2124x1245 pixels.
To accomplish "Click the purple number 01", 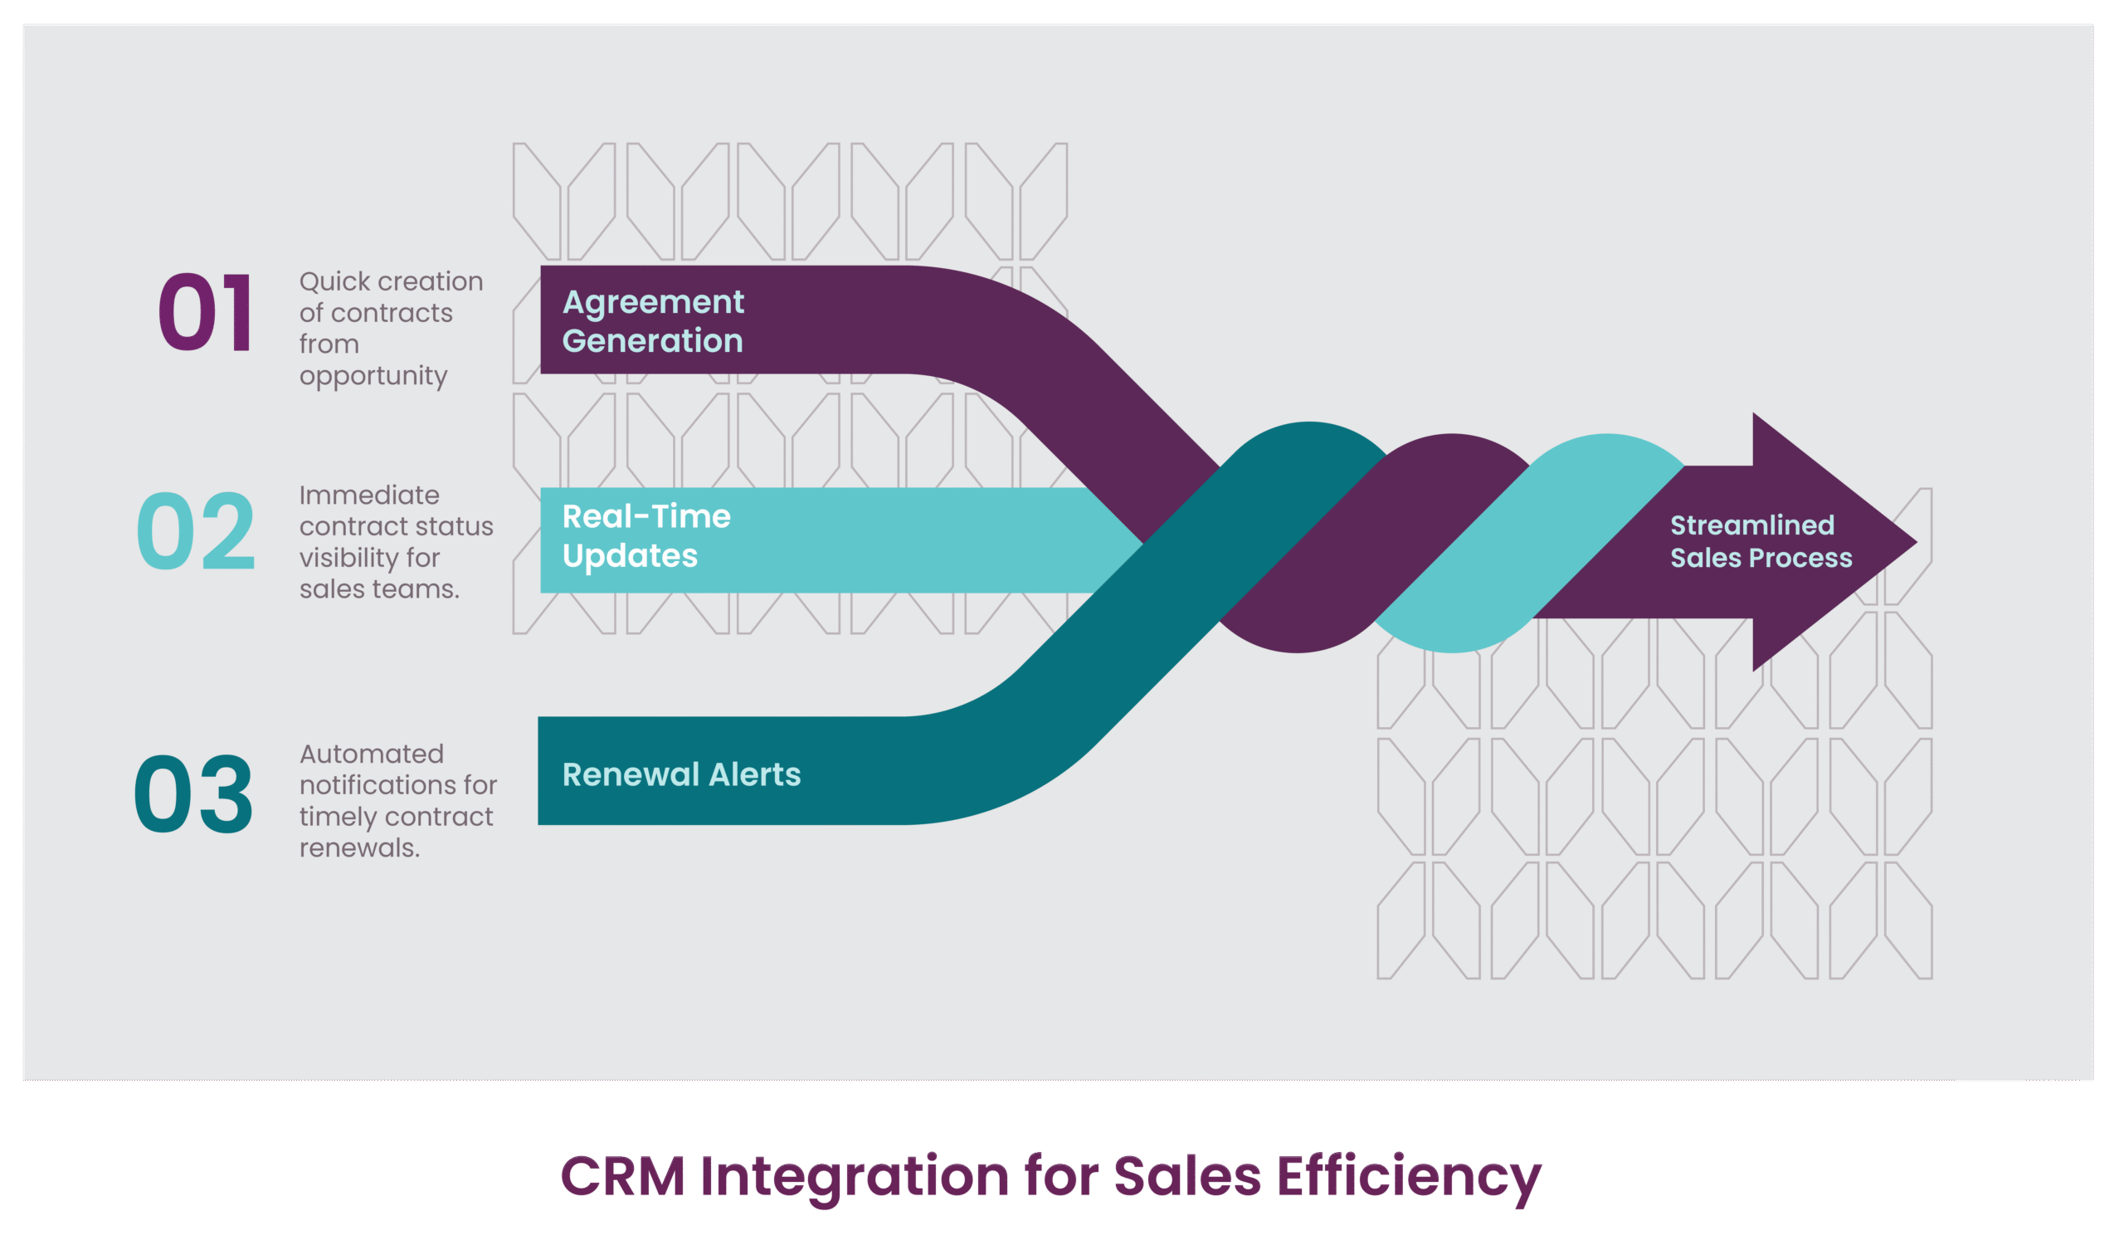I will [206, 313].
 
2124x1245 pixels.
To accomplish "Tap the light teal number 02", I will [196, 531].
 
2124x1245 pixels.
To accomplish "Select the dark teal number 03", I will [194, 794].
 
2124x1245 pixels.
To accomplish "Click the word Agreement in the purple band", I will [653, 303].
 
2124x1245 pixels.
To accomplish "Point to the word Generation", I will [652, 341].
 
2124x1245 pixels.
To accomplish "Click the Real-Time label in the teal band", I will [646, 516].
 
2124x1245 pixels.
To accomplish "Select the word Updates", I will [630, 556].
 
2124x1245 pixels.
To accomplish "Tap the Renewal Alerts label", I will [681, 774].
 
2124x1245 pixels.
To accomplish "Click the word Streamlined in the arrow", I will [1752, 525].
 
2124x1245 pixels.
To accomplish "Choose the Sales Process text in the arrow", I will [1761, 558].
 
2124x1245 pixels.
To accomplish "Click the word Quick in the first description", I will [334, 281].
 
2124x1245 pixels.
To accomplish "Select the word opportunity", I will [373, 376].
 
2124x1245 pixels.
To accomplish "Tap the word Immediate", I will [369, 495].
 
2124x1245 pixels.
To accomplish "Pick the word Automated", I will [371, 754].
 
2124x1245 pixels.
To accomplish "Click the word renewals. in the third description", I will [359, 848].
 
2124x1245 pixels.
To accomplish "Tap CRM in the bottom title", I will [623, 1177].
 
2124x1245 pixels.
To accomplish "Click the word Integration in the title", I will [854, 1179].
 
